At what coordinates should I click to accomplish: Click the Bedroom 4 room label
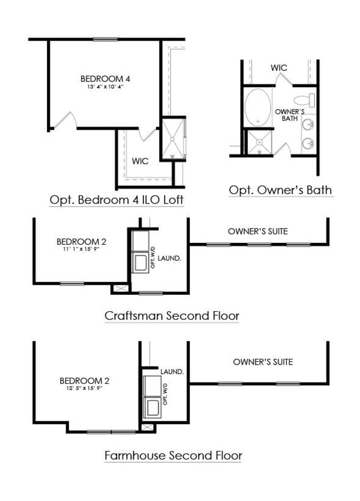coord(105,79)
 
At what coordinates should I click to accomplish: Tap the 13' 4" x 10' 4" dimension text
coord(105,86)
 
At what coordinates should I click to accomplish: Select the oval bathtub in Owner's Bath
coord(258,107)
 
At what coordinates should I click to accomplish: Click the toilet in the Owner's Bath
coord(304,100)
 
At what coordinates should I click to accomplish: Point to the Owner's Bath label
coord(290,115)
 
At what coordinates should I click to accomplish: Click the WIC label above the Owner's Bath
coord(279,68)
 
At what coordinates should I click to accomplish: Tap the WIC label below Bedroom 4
coord(140,161)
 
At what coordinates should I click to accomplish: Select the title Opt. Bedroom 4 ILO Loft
coord(116,200)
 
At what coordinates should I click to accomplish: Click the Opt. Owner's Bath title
coord(280,190)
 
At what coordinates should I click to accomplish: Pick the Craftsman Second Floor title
coord(172,316)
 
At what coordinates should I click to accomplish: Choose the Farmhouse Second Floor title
coord(173,455)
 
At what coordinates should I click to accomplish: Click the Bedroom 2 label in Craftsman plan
coord(81,242)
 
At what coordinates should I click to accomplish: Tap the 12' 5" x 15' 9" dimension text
coord(85,388)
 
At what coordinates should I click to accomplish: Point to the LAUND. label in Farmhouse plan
coord(172,371)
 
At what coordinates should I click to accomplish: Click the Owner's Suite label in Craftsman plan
coord(258,231)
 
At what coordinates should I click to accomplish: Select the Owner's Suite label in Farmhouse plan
coord(263,362)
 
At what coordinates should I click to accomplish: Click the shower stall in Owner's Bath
coord(259,142)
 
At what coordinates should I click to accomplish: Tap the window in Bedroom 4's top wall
coord(105,39)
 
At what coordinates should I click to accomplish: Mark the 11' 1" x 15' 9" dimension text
coord(81,249)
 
